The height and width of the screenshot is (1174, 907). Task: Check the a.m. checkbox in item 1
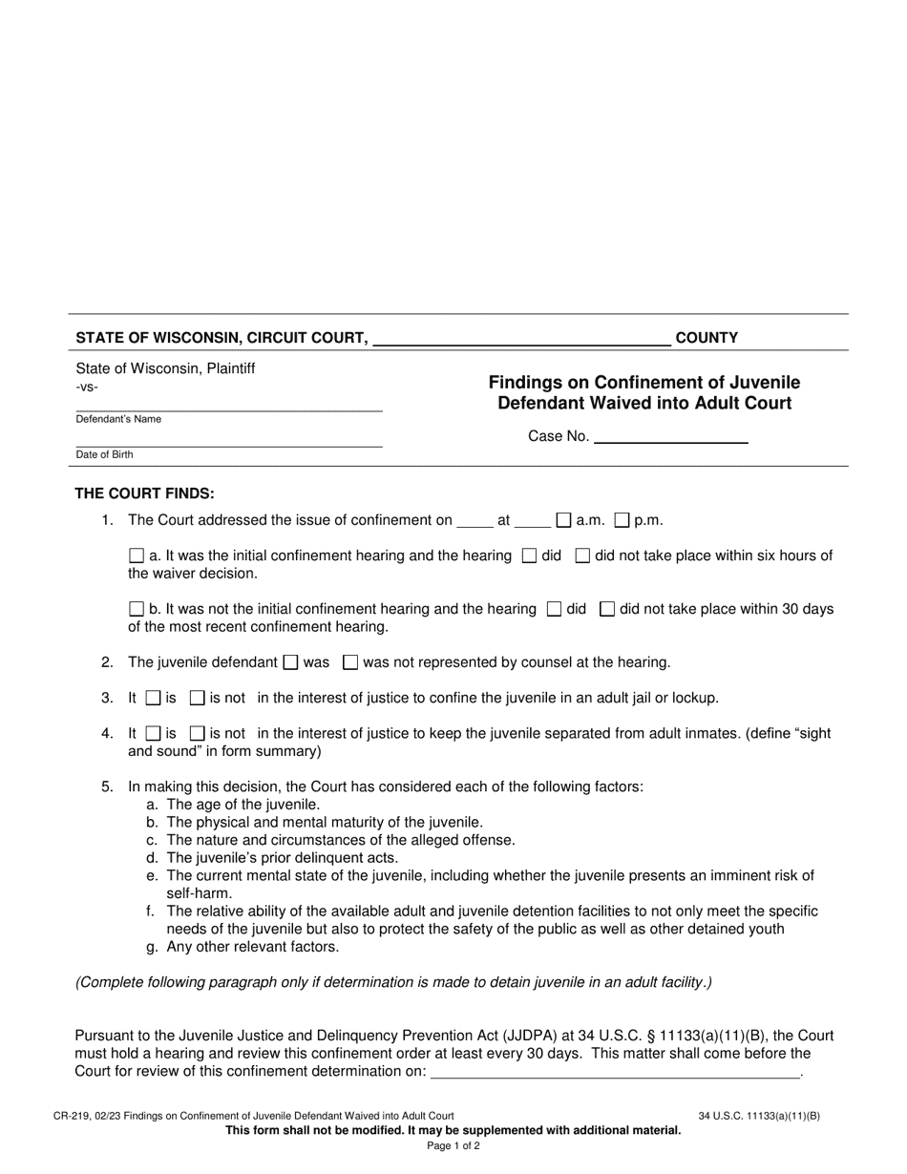coord(563,520)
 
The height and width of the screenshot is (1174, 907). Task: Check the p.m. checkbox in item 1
coord(622,520)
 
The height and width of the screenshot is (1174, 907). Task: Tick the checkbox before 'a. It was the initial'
coord(137,556)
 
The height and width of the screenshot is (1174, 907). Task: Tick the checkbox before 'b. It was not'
coord(137,609)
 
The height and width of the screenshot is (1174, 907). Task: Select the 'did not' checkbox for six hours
coord(582,556)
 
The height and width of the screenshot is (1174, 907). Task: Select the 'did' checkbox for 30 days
coord(554,609)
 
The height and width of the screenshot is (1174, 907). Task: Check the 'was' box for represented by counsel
coord(292,662)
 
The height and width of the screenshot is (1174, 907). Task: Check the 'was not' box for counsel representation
coord(350,662)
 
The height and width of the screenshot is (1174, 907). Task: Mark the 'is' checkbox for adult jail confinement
coord(153,698)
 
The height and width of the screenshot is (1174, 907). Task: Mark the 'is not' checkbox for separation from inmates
coord(198,734)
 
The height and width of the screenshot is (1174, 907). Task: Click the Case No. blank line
coord(670,437)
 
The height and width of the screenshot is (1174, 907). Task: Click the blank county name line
coord(522,338)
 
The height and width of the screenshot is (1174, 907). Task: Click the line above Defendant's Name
coord(229,407)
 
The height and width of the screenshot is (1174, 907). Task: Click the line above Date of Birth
coord(229,442)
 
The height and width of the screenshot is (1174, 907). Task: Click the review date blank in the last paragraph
coord(616,1072)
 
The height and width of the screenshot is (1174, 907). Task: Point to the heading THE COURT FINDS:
coord(145,493)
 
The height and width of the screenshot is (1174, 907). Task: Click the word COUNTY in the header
coord(707,338)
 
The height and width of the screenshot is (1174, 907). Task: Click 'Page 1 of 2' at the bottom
coord(453,1146)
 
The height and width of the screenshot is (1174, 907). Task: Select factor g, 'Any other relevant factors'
coord(252,947)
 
